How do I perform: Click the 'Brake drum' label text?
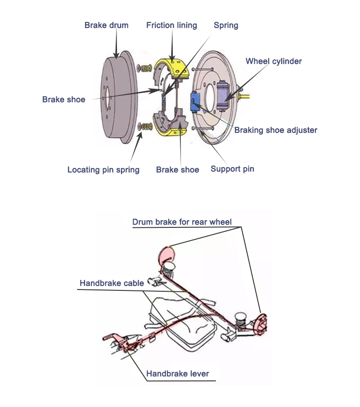[x=106, y=25]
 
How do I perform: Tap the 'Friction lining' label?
[x=171, y=25]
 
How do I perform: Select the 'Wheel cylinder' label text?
[x=274, y=61]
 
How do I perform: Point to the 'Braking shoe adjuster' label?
[x=275, y=130]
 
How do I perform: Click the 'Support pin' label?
[x=232, y=169]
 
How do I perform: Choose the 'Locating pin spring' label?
[x=103, y=170]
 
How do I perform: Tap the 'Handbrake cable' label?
[x=112, y=283]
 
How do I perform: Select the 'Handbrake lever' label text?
[x=177, y=374]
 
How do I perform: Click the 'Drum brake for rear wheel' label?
[x=182, y=222]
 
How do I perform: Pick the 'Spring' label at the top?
[x=226, y=25]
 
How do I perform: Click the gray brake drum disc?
[x=112, y=97]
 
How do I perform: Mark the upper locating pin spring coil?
[x=145, y=68]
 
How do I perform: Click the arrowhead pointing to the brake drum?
[x=117, y=55]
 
